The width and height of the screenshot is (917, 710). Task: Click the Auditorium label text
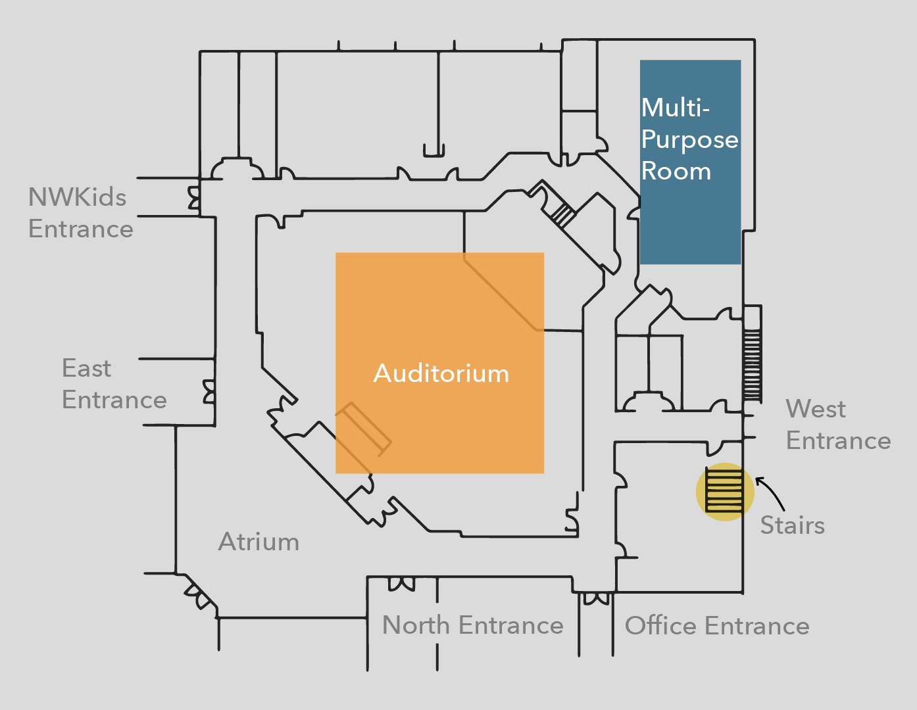(x=441, y=373)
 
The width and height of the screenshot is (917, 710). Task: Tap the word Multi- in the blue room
(x=676, y=108)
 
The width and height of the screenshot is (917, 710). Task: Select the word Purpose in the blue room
(x=689, y=140)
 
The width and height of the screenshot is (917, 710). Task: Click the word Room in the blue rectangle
(x=676, y=172)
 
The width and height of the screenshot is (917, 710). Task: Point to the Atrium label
(x=259, y=542)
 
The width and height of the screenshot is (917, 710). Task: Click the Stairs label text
(x=792, y=525)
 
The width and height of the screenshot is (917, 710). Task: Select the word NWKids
(x=77, y=197)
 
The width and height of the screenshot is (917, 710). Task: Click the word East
(x=86, y=368)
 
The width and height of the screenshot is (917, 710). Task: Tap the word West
(x=816, y=409)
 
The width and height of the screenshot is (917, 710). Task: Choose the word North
(x=416, y=625)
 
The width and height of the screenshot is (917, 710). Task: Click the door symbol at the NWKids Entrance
(x=194, y=197)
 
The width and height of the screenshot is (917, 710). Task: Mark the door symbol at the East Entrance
(x=209, y=391)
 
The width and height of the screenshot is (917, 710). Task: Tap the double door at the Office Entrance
(x=596, y=598)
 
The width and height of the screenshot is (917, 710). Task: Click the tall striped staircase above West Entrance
(x=752, y=365)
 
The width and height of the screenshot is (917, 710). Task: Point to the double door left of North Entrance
(x=401, y=583)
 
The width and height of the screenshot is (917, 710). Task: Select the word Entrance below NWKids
(x=80, y=229)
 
